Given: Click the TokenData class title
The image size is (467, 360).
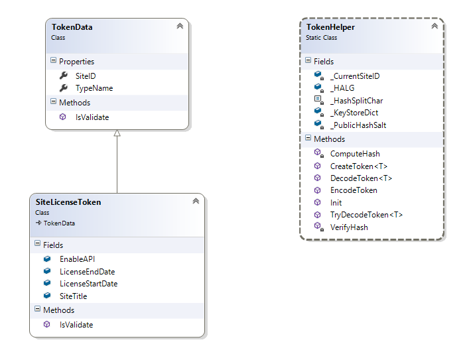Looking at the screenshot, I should [72, 27].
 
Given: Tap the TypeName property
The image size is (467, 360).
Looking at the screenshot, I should [94, 88].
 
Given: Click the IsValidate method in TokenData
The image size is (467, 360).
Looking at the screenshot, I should [92, 117].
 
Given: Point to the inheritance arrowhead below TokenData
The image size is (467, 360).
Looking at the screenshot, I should [117, 133].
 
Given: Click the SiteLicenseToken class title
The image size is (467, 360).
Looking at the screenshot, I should [68, 202].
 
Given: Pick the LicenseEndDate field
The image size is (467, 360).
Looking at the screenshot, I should [87, 271].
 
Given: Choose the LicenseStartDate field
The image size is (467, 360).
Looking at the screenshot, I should [88, 283].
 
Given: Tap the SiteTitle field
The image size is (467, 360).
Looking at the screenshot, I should [73, 296].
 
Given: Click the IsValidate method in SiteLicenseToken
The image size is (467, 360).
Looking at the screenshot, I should [76, 325].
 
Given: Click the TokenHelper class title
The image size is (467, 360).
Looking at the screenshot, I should [330, 27].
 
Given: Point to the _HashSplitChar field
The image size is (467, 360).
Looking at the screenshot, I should [356, 100].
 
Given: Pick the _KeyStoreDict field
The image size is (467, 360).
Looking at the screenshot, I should [354, 113].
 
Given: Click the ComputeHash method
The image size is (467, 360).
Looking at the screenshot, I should [354, 154].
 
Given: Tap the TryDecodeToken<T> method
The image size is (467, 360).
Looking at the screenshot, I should [366, 215].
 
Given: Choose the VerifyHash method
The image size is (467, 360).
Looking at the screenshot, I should [348, 227].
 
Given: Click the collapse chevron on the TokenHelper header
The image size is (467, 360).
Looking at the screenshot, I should [434, 26].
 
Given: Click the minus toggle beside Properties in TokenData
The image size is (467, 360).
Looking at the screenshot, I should [54, 61].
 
